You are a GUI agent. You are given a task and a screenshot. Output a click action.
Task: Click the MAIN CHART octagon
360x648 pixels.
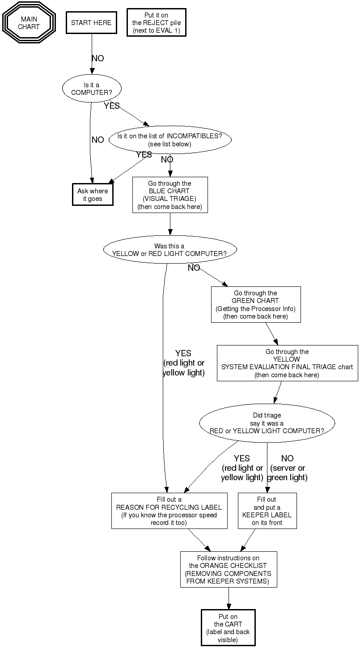(x=29, y=23)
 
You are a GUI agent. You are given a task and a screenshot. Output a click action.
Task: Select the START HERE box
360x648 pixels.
(x=91, y=23)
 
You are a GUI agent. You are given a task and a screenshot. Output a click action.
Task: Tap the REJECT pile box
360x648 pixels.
(x=156, y=23)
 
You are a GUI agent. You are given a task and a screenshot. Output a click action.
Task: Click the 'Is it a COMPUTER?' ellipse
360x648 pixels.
(x=92, y=89)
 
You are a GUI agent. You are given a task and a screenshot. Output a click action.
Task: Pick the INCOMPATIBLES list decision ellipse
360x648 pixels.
(x=169, y=140)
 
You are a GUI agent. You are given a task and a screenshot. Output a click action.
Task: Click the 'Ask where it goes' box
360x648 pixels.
(x=93, y=195)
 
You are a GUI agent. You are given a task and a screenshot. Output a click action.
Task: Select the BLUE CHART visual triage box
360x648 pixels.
(x=170, y=195)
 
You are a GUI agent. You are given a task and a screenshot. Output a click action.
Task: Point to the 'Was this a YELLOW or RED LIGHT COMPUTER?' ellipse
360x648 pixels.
(x=169, y=250)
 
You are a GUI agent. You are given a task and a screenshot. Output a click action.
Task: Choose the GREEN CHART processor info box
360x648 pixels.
(x=255, y=304)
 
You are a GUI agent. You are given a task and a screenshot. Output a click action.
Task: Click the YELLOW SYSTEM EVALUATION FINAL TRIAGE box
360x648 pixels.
(x=287, y=363)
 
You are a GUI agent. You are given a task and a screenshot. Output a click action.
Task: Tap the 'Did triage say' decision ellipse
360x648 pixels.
(x=267, y=423)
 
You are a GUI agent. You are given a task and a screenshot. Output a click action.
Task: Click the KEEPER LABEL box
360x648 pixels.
(x=267, y=511)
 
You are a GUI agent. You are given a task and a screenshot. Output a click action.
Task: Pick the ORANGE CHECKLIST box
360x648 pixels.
(x=229, y=569)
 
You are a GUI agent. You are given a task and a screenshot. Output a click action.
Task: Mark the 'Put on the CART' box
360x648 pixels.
(x=228, y=628)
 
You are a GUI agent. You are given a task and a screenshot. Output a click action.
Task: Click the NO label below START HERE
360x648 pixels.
(x=97, y=59)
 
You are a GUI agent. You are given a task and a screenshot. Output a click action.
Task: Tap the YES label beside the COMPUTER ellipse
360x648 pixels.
(x=112, y=106)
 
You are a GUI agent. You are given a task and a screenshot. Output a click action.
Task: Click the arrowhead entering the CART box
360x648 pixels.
(x=229, y=606)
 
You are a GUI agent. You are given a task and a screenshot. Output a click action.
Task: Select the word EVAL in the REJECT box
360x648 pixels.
(x=166, y=30)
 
